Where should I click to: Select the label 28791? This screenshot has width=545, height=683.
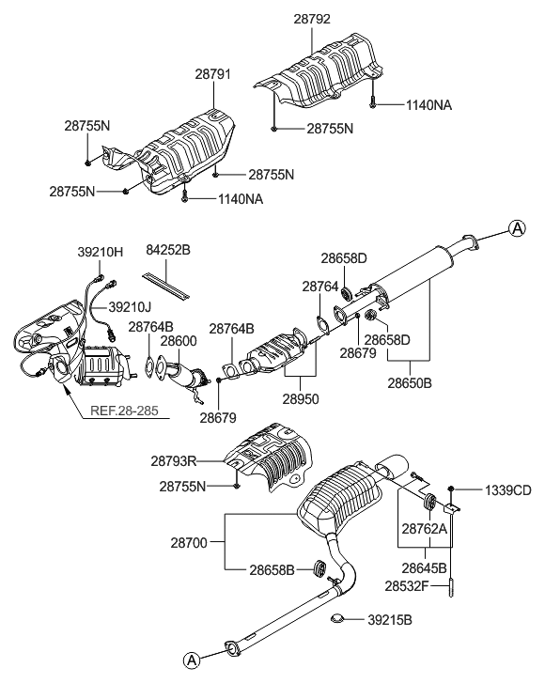tap(213, 72)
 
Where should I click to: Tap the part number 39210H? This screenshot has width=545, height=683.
tap(100, 252)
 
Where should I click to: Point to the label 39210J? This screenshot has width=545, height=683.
tap(131, 306)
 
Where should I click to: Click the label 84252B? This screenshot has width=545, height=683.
tap(168, 252)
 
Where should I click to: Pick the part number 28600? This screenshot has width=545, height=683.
tap(178, 341)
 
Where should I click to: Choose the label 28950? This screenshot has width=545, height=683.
tap(302, 399)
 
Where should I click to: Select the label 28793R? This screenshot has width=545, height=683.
tap(174, 461)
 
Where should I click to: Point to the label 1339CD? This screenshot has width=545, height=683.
tap(507, 490)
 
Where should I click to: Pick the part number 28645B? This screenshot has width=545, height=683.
tap(424, 567)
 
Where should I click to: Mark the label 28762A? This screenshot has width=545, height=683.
tap(424, 529)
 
